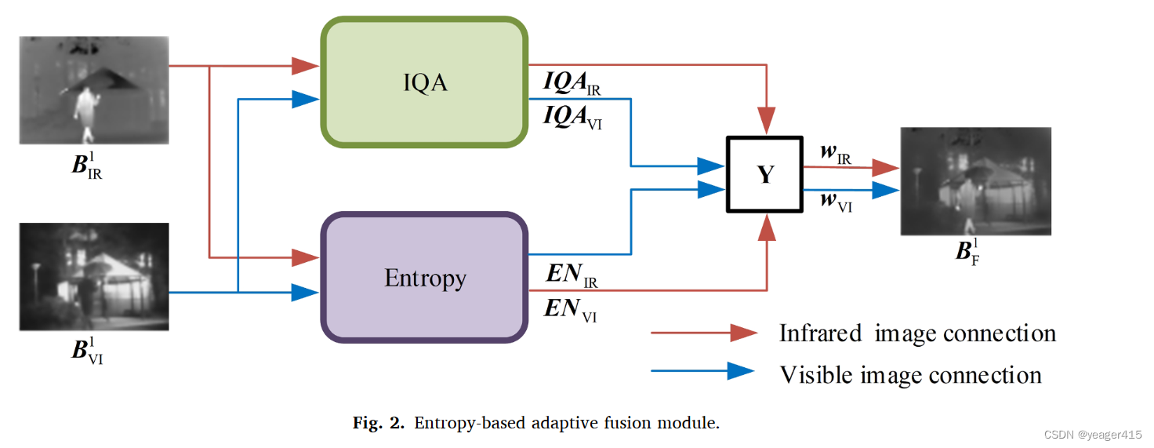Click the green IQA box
click(x=424, y=82)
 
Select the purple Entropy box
click(x=424, y=277)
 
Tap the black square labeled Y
click(x=764, y=174)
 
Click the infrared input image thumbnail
click(x=94, y=89)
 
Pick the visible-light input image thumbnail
click(x=94, y=276)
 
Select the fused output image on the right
click(x=974, y=181)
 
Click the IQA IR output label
click(x=572, y=83)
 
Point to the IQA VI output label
click(x=573, y=118)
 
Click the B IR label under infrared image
click(x=87, y=166)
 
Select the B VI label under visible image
click(x=87, y=350)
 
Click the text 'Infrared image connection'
click(x=917, y=333)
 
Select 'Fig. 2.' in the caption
click(x=378, y=424)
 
